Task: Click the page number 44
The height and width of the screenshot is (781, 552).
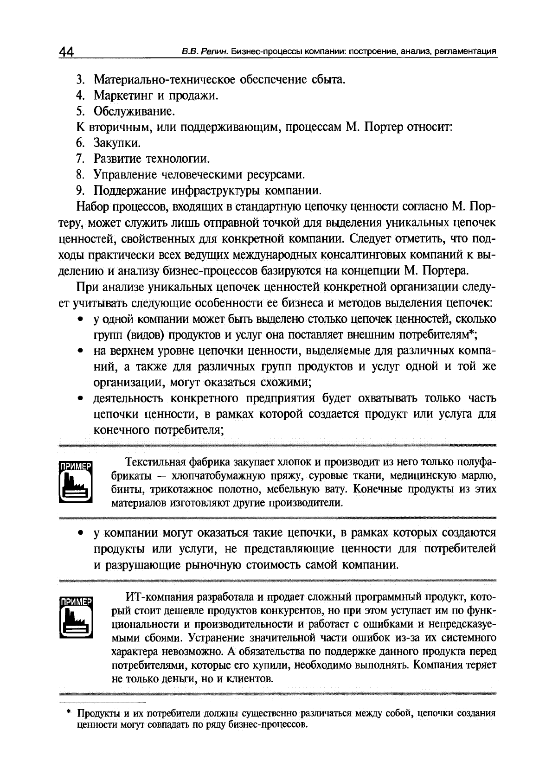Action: pyautogui.click(x=66, y=51)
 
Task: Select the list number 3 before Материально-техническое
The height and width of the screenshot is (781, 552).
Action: pyautogui.click(x=80, y=80)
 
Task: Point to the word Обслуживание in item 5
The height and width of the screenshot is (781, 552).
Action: pyautogui.click(x=128, y=111)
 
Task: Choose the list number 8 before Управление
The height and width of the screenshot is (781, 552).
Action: pyautogui.click(x=80, y=175)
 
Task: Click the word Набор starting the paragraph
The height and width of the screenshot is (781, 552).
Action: pyautogui.click(x=92, y=207)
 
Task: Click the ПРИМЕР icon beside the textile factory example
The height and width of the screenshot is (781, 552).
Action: pyautogui.click(x=76, y=481)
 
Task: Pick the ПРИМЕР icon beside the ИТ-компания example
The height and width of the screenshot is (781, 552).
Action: pyautogui.click(x=76, y=617)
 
